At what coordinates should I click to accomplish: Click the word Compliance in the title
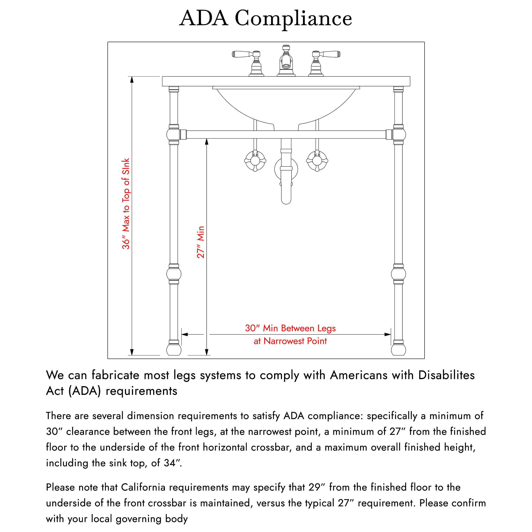[x=293, y=19]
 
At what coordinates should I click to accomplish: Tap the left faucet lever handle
[x=242, y=54]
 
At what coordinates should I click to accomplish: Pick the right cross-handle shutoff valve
[x=317, y=161]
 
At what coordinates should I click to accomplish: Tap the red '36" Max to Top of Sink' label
[x=126, y=204]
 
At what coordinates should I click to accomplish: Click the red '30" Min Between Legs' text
[x=290, y=328]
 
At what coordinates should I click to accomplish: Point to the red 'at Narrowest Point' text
[x=290, y=341]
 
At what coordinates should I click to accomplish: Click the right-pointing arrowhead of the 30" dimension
[x=388, y=335]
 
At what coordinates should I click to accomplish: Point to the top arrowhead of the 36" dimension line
[x=132, y=80]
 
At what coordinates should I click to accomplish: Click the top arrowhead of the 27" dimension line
[x=207, y=142]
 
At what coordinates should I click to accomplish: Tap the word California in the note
[x=143, y=487]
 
